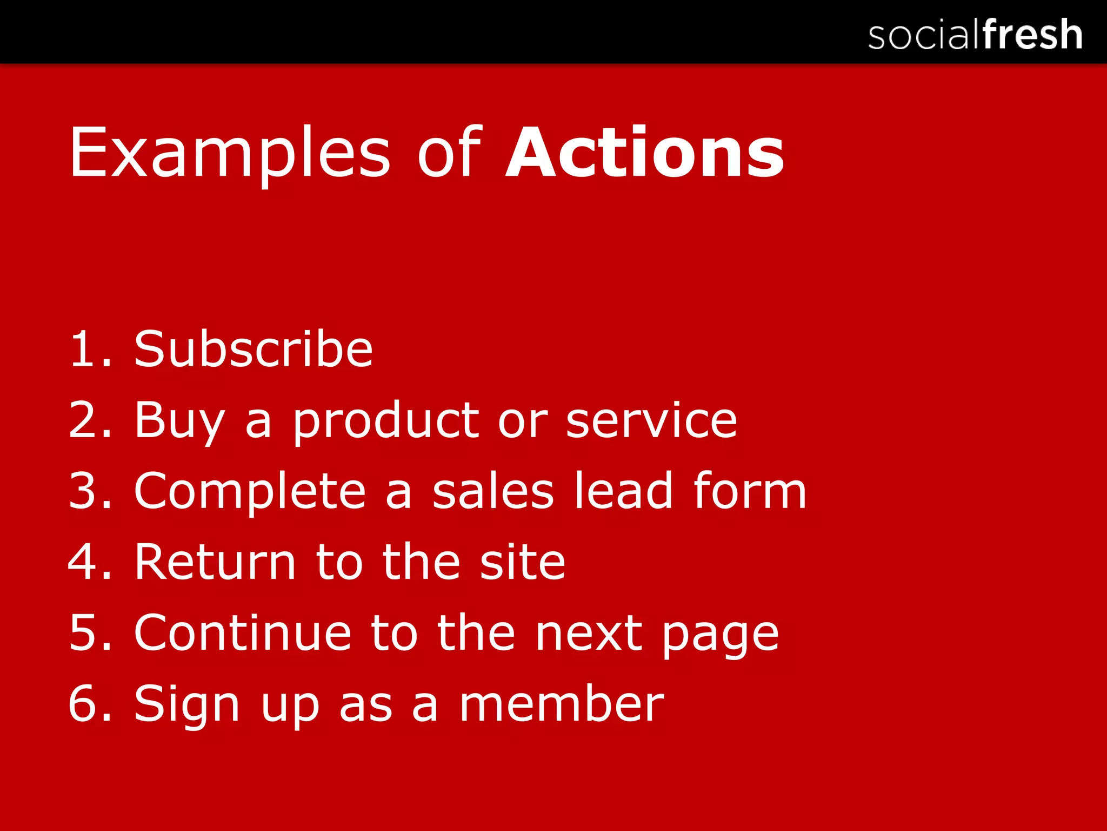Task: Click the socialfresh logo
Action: tap(975, 34)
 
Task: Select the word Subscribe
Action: tap(254, 349)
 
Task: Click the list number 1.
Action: tap(84, 350)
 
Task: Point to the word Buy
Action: tap(179, 421)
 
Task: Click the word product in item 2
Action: tap(386, 421)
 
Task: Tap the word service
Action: tap(651, 421)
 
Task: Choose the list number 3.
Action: tap(84, 491)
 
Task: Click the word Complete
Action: tap(250, 491)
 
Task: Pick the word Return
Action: tap(215, 562)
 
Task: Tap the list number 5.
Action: tap(84, 633)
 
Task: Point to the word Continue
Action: tap(243, 633)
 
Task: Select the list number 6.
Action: tap(84, 703)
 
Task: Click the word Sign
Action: tap(186, 704)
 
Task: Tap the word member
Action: tap(562, 703)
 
